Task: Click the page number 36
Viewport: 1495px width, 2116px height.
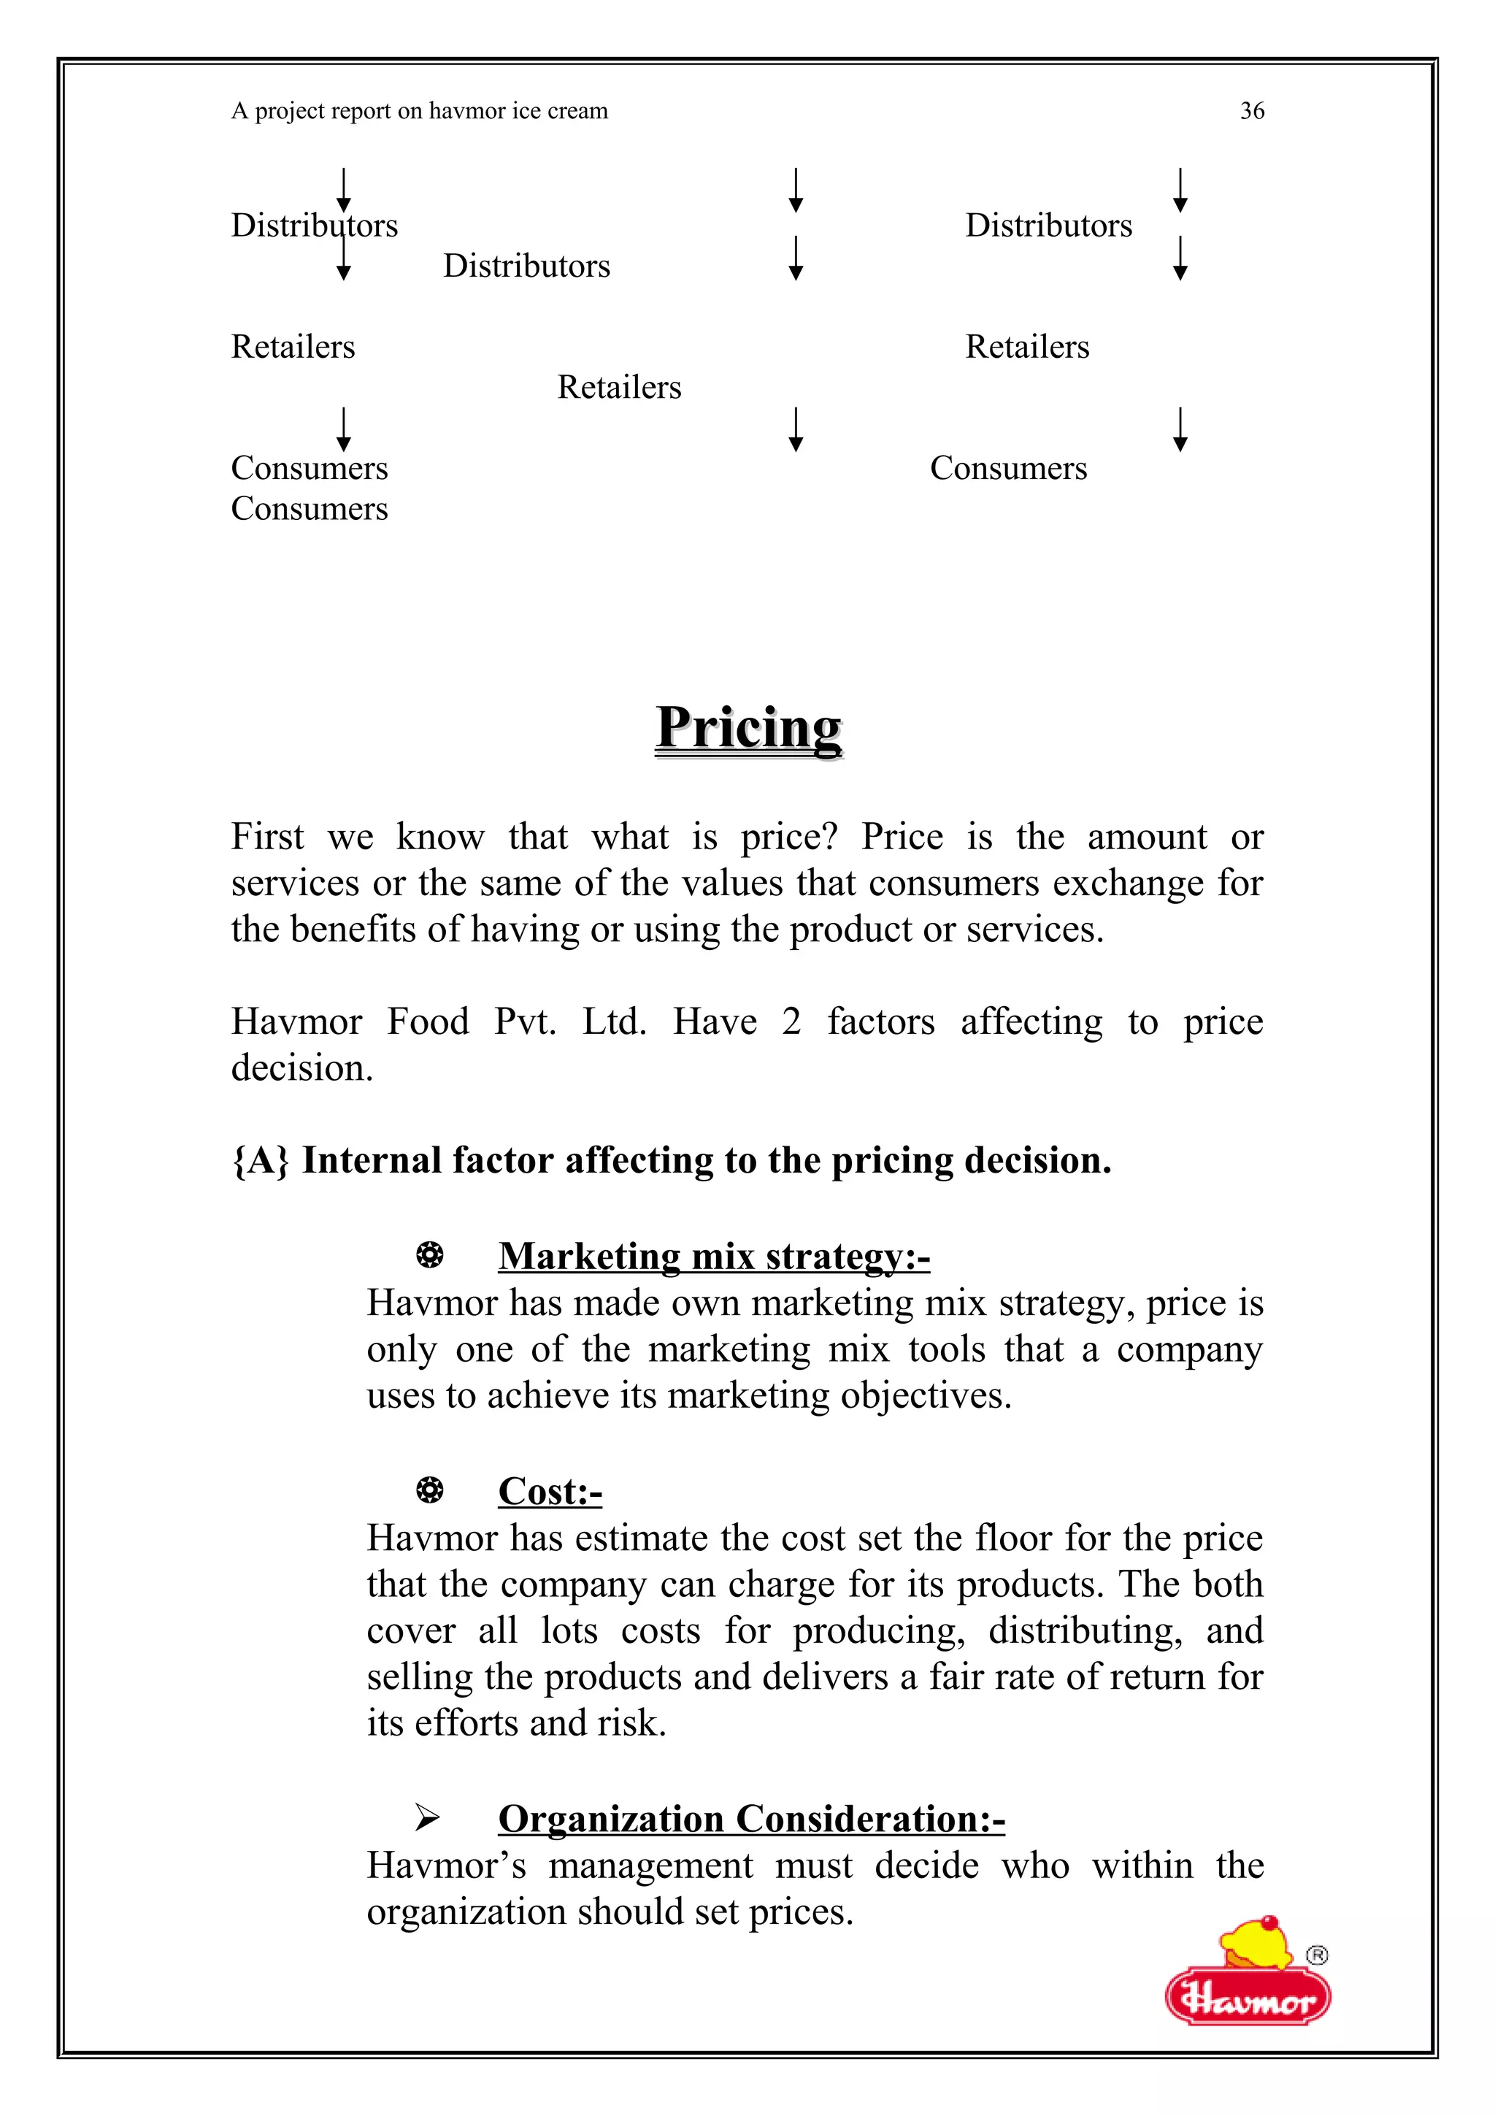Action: tap(1252, 112)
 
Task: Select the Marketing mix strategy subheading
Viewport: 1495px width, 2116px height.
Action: tap(714, 1256)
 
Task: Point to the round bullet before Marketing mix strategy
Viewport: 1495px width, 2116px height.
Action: tap(429, 1255)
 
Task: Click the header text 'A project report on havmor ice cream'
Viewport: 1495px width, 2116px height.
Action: tap(419, 112)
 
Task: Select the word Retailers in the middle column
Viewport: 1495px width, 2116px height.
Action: tap(619, 387)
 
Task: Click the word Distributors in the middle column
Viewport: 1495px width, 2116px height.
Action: tap(526, 267)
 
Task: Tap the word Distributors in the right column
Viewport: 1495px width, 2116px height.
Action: tap(1048, 226)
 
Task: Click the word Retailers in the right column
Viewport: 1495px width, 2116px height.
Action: tap(1027, 348)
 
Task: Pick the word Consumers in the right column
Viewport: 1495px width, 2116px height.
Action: tap(1007, 468)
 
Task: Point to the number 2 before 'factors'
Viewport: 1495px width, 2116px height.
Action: tap(791, 1022)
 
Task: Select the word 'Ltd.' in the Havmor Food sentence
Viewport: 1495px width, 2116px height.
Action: tap(615, 1022)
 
